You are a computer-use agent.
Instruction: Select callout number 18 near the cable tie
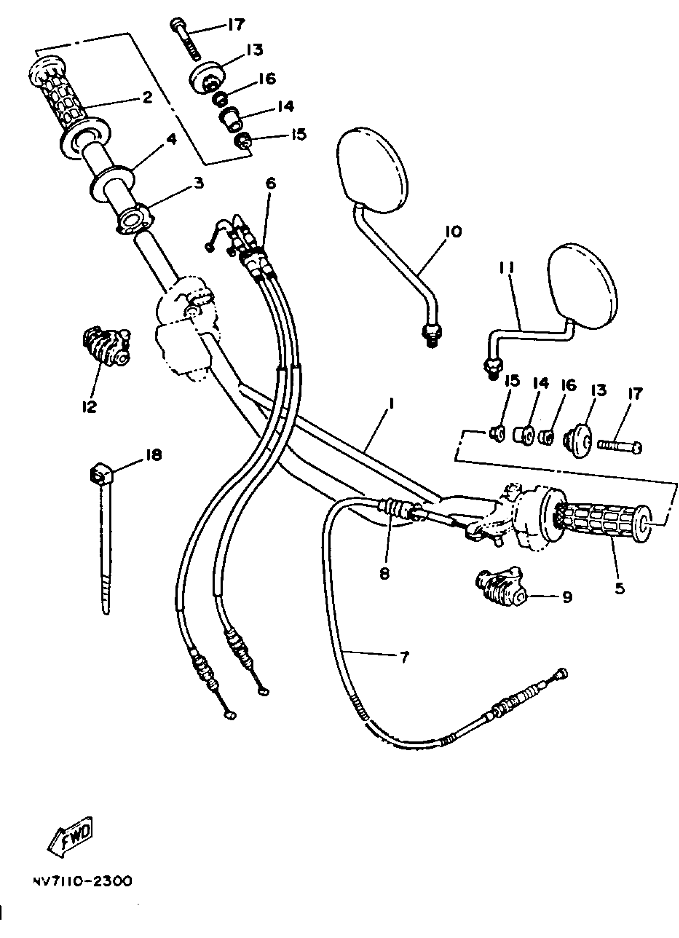[x=153, y=455]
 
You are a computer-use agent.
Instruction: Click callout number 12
[x=89, y=407]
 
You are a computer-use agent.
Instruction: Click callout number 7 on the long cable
[x=404, y=657]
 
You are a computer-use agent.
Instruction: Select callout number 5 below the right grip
[x=619, y=588]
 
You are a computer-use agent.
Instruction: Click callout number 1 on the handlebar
[x=391, y=403]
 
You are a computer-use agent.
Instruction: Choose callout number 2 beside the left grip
[x=147, y=97]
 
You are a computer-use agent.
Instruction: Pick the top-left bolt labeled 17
[x=185, y=40]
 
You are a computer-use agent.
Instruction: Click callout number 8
[x=384, y=574]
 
